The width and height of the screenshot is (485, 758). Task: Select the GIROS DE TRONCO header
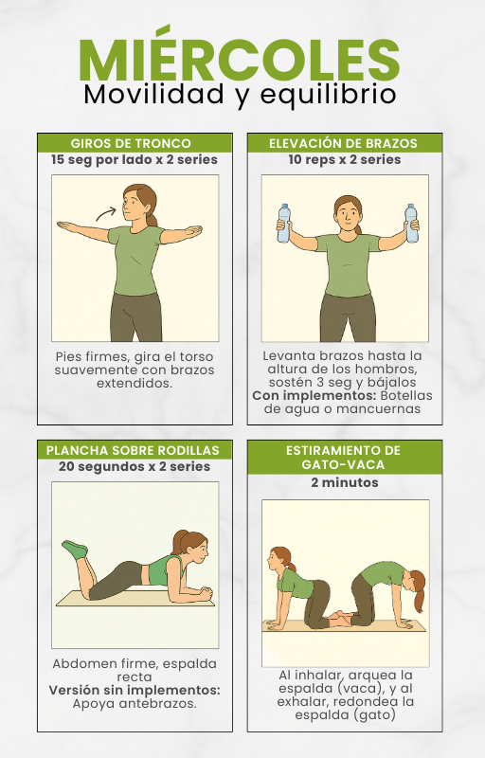coord(131,144)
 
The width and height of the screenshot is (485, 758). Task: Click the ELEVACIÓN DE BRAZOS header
coord(343,144)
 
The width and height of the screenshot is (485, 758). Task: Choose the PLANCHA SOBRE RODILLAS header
coord(133,451)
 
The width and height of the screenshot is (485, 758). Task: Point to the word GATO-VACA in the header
coord(343,465)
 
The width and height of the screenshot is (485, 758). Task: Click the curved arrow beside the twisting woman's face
coord(106,213)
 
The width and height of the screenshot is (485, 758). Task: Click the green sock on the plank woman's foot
coord(76,549)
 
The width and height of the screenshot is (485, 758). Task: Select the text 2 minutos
coord(345,482)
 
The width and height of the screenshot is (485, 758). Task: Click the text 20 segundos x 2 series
coord(135,467)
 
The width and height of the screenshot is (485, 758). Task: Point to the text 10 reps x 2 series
coord(345,159)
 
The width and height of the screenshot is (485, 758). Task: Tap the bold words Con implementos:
coord(314,396)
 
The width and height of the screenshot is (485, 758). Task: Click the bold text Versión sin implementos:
coord(135,691)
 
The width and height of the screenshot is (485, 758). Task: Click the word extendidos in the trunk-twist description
coord(135,384)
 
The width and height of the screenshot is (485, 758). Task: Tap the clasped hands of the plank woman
coord(205,591)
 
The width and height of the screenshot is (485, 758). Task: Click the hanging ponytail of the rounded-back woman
coord(419,596)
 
